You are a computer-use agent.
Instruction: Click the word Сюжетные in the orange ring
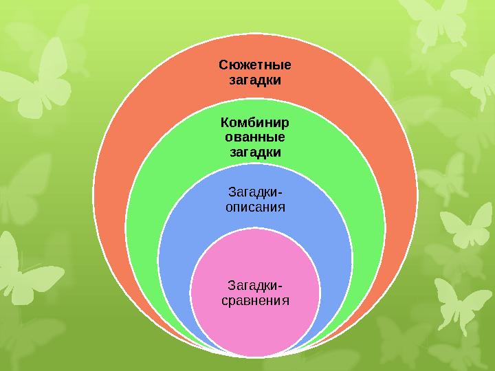click(x=255, y=65)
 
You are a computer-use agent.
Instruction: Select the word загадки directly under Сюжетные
click(x=255, y=80)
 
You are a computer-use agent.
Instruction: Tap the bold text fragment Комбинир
click(x=255, y=122)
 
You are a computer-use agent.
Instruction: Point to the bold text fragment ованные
click(x=255, y=137)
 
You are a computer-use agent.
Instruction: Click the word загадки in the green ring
click(x=255, y=153)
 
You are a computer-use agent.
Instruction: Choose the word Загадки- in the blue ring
click(x=255, y=192)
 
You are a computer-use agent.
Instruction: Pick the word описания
click(x=255, y=207)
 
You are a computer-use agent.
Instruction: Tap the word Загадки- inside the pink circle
click(x=255, y=286)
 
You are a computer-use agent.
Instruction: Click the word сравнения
click(x=255, y=301)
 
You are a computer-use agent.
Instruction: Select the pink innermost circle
click(x=255, y=293)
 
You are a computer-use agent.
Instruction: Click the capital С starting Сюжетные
click(x=223, y=65)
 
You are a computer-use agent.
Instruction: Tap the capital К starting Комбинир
click(x=225, y=122)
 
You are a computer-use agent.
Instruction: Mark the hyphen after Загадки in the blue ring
click(x=278, y=193)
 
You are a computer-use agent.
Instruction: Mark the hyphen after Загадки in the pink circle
click(x=278, y=286)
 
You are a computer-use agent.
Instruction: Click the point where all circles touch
click(x=255, y=357)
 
